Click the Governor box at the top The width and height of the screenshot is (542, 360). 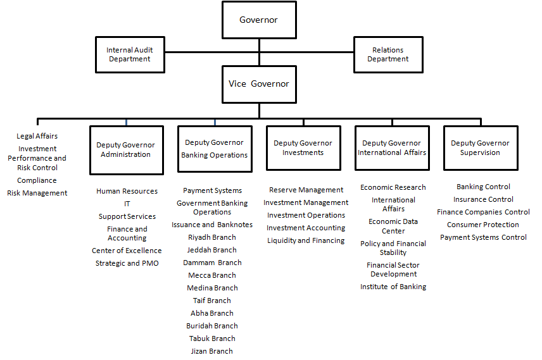[259, 20]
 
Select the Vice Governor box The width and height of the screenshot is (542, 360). [259, 84]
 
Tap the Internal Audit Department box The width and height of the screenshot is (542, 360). [130, 54]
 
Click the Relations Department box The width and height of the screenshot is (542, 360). [388, 54]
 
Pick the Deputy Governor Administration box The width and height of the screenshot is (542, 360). [127, 150]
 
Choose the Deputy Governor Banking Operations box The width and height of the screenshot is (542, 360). [215, 149]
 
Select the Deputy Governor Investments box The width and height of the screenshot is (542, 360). [303, 148]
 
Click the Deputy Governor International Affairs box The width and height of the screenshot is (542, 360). [392, 148]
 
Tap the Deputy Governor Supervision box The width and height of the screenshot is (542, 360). [481, 148]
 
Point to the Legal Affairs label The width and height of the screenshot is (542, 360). [37, 136]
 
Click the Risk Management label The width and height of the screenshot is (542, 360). [37, 193]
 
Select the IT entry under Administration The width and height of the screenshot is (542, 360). [127, 204]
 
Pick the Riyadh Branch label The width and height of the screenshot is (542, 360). [212, 237]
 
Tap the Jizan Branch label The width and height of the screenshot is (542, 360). [212, 351]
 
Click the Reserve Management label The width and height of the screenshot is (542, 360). [306, 190]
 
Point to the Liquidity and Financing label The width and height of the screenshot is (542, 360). [306, 240]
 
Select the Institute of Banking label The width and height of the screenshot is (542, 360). [393, 287]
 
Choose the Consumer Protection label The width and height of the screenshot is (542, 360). [483, 225]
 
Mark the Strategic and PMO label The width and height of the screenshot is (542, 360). [127, 263]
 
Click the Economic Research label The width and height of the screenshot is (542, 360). [393, 187]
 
